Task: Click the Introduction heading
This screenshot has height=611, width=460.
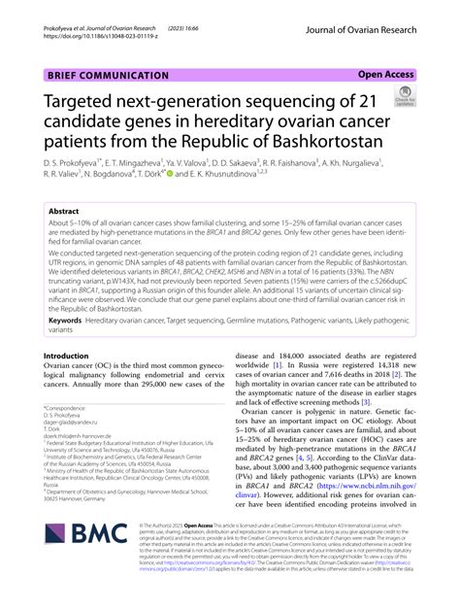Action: click(x=74, y=329)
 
